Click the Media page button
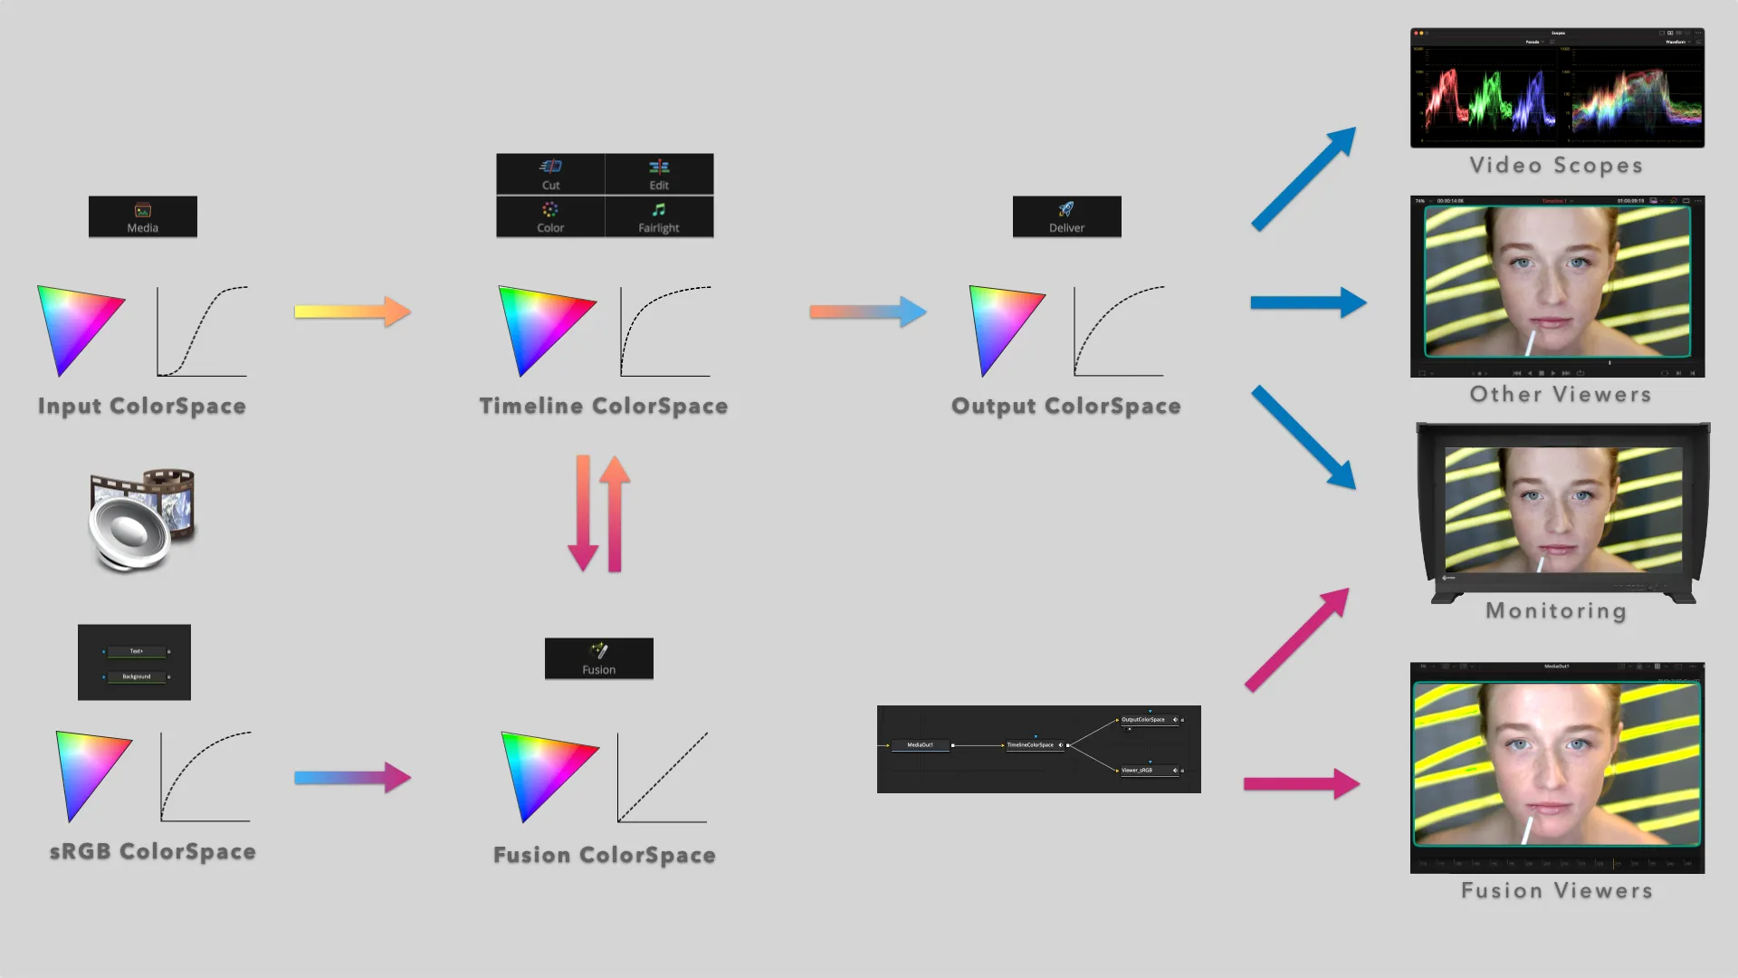[143, 217]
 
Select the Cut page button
[550, 174]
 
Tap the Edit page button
[659, 174]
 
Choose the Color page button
[550, 217]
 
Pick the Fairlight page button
[659, 217]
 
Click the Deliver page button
[1066, 217]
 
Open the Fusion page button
[598, 658]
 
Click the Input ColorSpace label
[142, 406]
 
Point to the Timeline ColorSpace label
[604, 406]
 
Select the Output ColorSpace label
[1065, 406]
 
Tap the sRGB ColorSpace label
[152, 851]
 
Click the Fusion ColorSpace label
[604, 855]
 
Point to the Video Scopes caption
[1556, 165]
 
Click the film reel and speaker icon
[142, 520]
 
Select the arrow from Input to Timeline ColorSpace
[352, 312]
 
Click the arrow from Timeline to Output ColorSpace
[867, 312]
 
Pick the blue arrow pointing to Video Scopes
[1303, 178]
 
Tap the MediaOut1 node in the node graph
[920, 745]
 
